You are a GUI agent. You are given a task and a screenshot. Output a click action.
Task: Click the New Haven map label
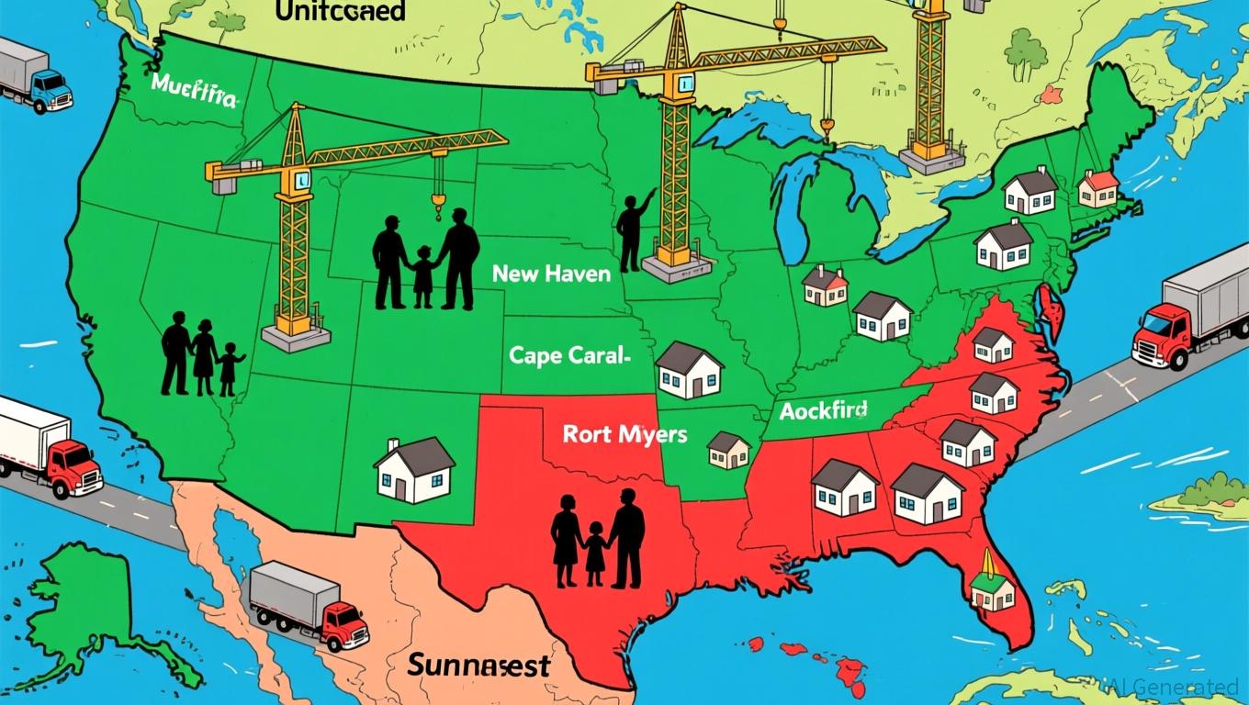pos(551,274)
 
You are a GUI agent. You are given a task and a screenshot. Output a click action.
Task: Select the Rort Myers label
pos(624,434)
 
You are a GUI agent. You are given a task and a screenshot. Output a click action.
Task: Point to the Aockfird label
pos(824,410)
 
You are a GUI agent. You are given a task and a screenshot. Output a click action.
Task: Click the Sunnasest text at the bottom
pos(478,665)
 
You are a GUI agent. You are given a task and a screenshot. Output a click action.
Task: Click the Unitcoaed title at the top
pos(340,11)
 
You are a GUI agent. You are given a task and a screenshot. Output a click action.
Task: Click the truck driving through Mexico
pos(309,605)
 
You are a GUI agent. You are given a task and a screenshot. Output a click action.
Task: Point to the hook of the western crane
pos(438,197)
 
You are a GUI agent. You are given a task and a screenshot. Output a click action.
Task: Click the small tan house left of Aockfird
pos(729,450)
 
